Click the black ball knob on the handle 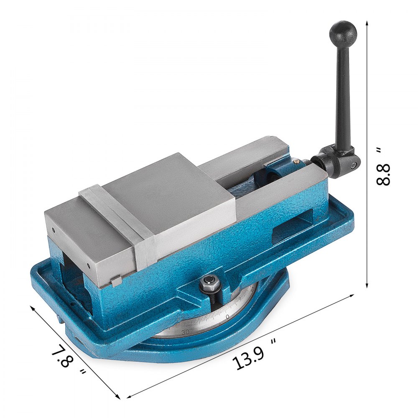[343, 32]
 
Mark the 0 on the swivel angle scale [227, 317]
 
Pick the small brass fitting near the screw [296, 159]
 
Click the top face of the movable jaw [167, 192]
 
